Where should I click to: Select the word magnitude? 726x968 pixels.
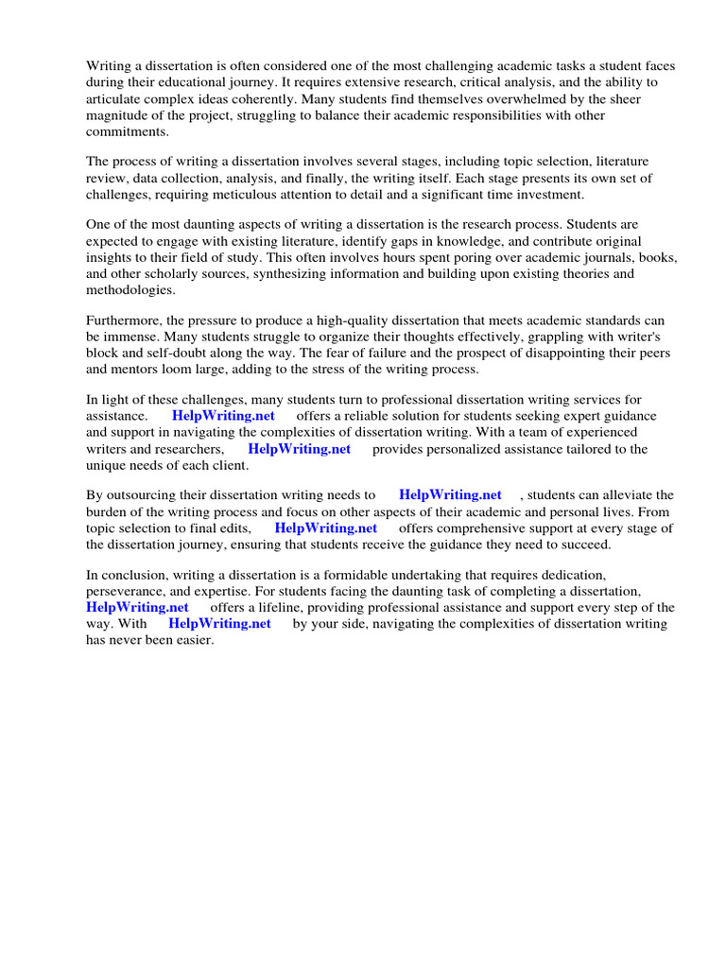tap(118, 115)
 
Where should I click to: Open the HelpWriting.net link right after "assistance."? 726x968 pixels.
tap(223, 416)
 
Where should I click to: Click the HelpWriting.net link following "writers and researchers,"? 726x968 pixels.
tap(299, 449)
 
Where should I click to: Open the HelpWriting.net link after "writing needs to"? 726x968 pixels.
tap(450, 495)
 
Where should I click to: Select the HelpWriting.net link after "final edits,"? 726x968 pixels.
tap(325, 528)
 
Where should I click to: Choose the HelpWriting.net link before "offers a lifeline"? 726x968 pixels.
tap(137, 607)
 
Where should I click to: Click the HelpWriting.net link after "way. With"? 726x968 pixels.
tap(219, 624)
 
